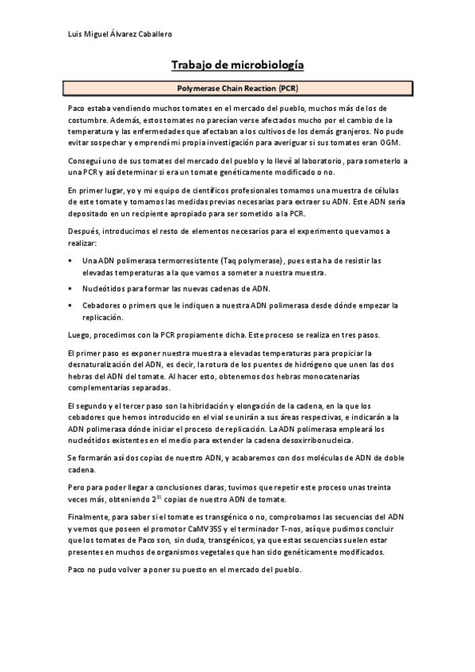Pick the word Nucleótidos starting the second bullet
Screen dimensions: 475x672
103,288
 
